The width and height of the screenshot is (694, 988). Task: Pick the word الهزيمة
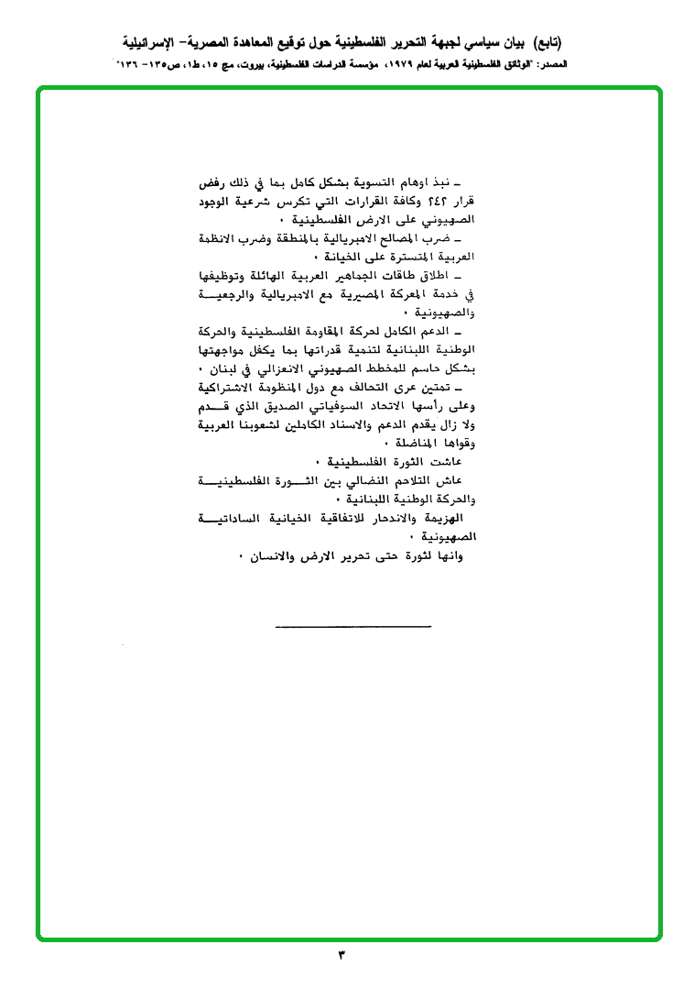click(x=446, y=520)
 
